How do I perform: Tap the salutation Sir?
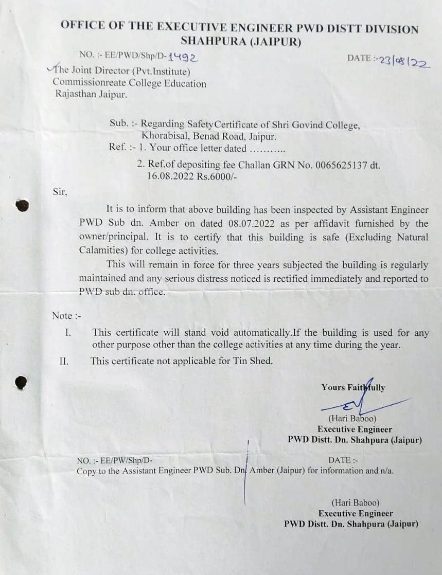pos(60,191)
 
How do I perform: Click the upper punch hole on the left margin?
pos(22,206)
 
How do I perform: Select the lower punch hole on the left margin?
pos(21,383)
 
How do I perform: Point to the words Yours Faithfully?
pos(353,388)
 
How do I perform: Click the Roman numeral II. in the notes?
pos(64,361)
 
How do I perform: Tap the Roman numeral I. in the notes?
pos(67,333)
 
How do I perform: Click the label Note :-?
pos(66,315)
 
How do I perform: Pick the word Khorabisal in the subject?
pos(166,136)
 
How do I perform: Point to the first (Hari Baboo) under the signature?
pos(352,419)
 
